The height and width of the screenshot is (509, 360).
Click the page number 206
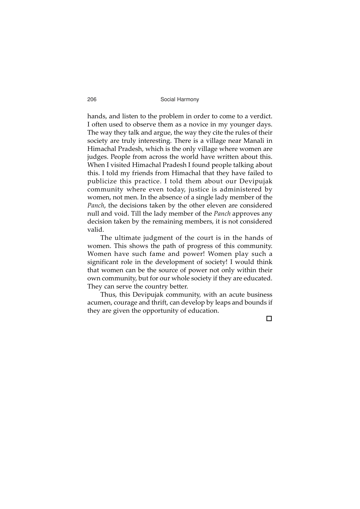pyautogui.click(x=92, y=100)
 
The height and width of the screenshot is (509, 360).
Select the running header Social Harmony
pyautogui.click(x=180, y=100)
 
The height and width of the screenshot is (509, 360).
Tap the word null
pyautogui.click(x=93, y=213)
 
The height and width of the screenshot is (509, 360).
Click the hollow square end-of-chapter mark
pyautogui.click(x=269, y=319)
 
